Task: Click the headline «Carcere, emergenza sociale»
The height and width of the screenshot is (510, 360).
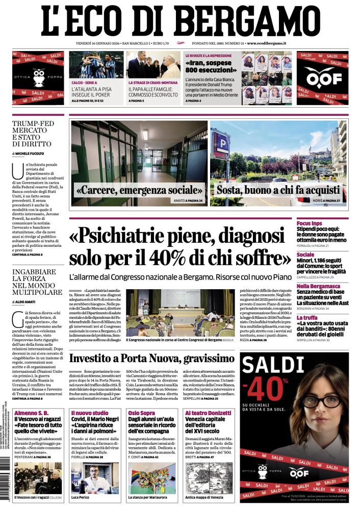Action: pos(139,191)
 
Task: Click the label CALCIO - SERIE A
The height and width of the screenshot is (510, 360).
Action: pos(85,82)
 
